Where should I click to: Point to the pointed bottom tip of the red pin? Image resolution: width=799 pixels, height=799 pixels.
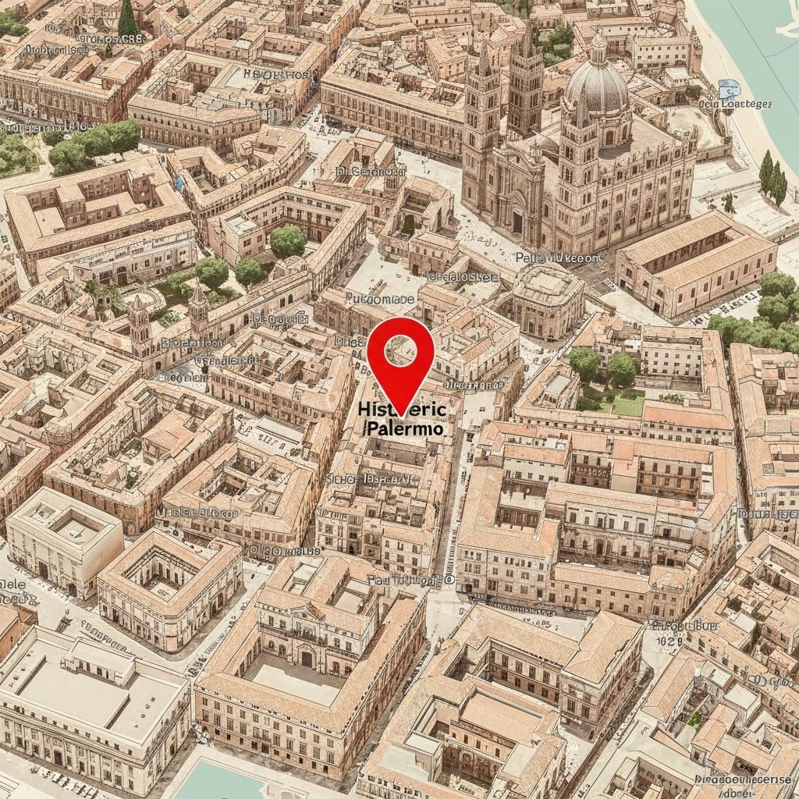(x=400, y=412)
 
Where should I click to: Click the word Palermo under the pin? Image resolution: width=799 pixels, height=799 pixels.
(x=404, y=428)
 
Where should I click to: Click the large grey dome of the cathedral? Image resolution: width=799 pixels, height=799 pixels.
(x=596, y=87)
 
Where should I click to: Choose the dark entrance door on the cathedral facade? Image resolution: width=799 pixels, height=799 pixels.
(x=517, y=222)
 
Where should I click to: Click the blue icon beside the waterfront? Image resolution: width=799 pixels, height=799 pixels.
(x=728, y=87)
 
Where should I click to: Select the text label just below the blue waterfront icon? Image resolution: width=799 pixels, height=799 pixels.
(x=734, y=104)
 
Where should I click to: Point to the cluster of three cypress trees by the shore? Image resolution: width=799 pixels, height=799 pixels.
(x=772, y=178)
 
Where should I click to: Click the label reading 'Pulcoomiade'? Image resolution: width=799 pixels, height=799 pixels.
(x=371, y=299)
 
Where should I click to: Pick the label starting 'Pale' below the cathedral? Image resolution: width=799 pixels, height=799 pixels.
(x=558, y=257)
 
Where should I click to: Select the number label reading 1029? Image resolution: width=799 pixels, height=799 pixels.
(x=669, y=641)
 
